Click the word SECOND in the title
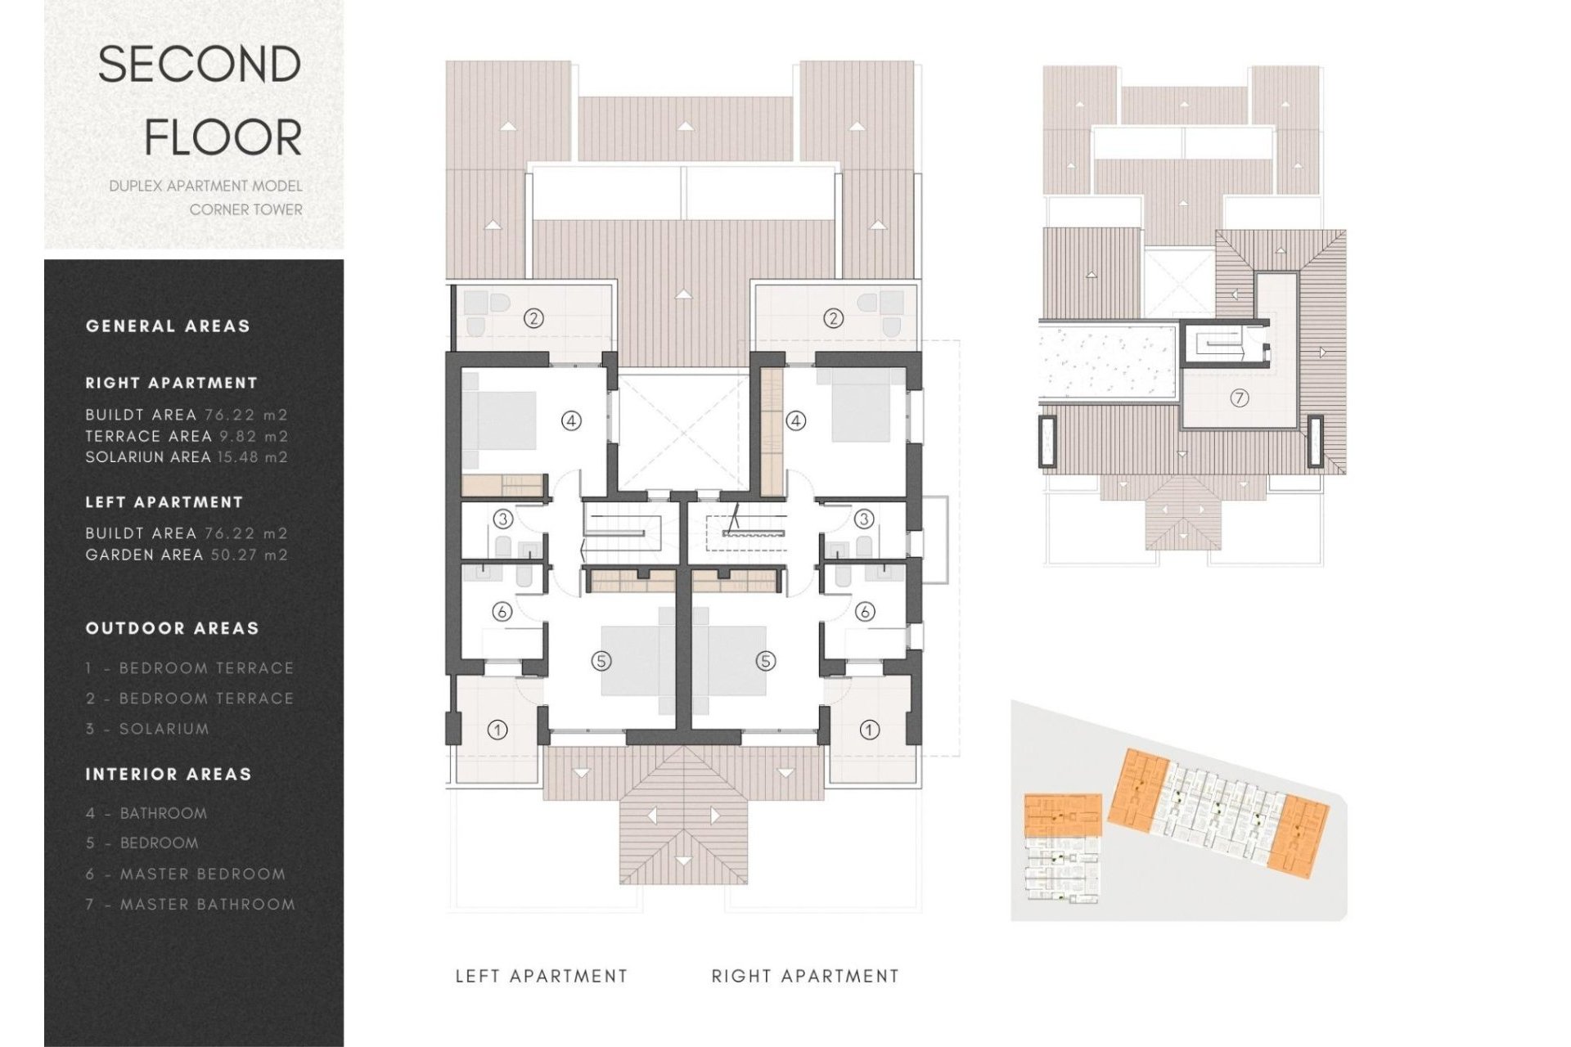pyautogui.click(x=200, y=65)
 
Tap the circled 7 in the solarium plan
pyautogui.click(x=1240, y=398)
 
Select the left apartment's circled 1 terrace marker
pyautogui.click(x=497, y=730)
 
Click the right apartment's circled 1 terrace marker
pyautogui.click(x=869, y=730)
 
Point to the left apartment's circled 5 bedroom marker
pyautogui.click(x=601, y=661)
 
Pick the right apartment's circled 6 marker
pyautogui.click(x=864, y=611)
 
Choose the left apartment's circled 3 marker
pyautogui.click(x=502, y=519)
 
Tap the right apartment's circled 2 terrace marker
pyautogui.click(x=833, y=318)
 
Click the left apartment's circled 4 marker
pyautogui.click(x=571, y=421)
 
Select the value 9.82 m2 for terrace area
pyautogui.click(x=254, y=437)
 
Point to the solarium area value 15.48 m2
pyautogui.click(x=252, y=457)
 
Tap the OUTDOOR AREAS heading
pyautogui.click(x=172, y=629)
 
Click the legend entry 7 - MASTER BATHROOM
pyautogui.click(x=191, y=905)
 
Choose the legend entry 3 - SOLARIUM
pyautogui.click(x=148, y=729)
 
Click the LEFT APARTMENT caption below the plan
pyautogui.click(x=541, y=976)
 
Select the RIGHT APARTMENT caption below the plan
pyautogui.click(x=805, y=976)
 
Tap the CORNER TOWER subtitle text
pyautogui.click(x=245, y=210)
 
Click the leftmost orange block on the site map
pyautogui.click(x=1063, y=815)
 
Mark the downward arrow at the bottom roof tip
pyautogui.click(x=684, y=861)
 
